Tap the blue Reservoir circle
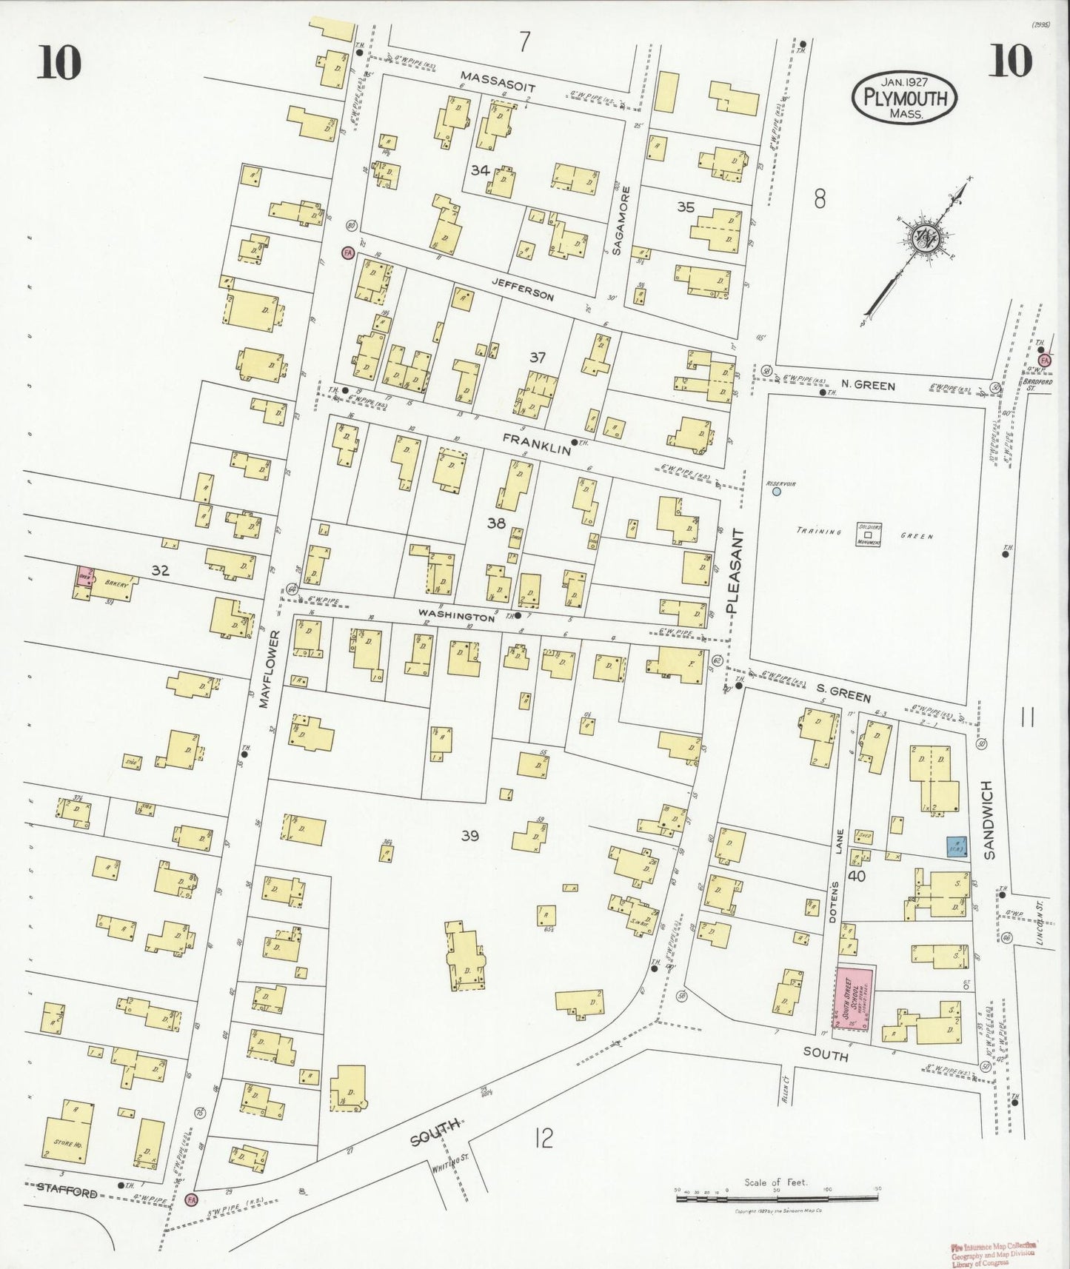coord(776,491)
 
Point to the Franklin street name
coord(536,440)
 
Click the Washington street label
coord(455,615)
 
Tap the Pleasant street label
coord(733,570)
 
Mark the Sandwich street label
coord(990,823)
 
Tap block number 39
coord(469,837)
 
